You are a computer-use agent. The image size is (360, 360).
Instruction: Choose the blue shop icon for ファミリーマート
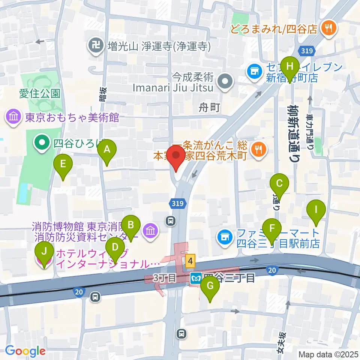click(x=224, y=237)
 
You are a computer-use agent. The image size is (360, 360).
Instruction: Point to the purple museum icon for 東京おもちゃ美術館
click(x=13, y=117)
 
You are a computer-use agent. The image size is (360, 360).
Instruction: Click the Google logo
click(x=25, y=351)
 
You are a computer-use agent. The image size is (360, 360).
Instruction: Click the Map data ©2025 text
click(x=328, y=354)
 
